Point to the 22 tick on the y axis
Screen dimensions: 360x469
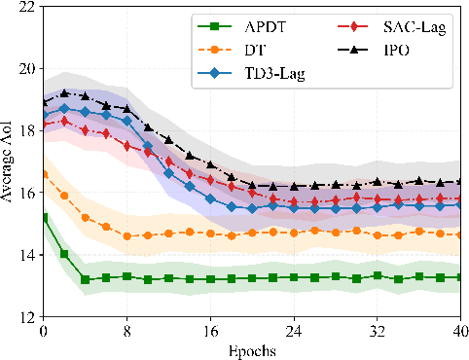point(24,7)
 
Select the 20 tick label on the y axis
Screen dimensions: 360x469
point(24,69)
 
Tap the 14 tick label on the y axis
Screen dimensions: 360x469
point(24,255)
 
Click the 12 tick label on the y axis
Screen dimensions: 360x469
point(24,317)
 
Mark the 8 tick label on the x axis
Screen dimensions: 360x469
point(127,331)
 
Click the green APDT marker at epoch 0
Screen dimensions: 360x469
point(44,218)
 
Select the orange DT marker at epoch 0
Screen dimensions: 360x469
point(44,174)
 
